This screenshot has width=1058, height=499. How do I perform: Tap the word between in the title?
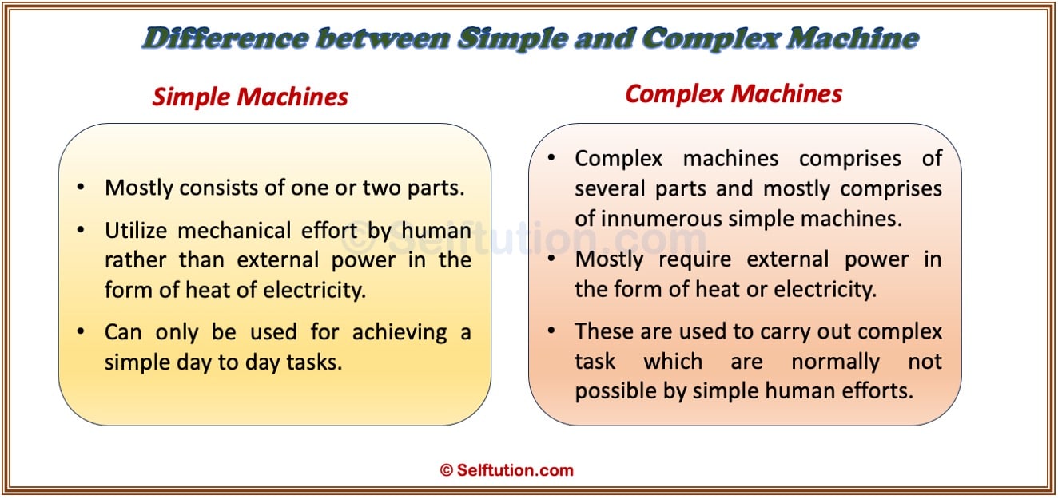(x=384, y=38)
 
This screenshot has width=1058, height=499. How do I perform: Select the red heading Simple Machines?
(x=250, y=97)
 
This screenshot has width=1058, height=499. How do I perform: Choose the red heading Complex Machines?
(x=734, y=94)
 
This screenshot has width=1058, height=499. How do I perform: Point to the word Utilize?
(x=136, y=231)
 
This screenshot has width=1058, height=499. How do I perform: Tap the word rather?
(x=135, y=260)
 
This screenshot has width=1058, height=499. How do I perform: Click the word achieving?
(x=400, y=333)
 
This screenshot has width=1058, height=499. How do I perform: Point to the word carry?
(x=787, y=332)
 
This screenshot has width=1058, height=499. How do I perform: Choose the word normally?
(x=836, y=362)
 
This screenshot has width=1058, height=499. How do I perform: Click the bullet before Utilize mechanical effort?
(x=81, y=230)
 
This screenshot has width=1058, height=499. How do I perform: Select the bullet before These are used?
(x=551, y=331)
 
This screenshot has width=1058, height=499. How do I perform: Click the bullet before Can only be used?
(x=81, y=331)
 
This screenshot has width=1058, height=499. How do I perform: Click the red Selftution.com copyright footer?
(x=507, y=470)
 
